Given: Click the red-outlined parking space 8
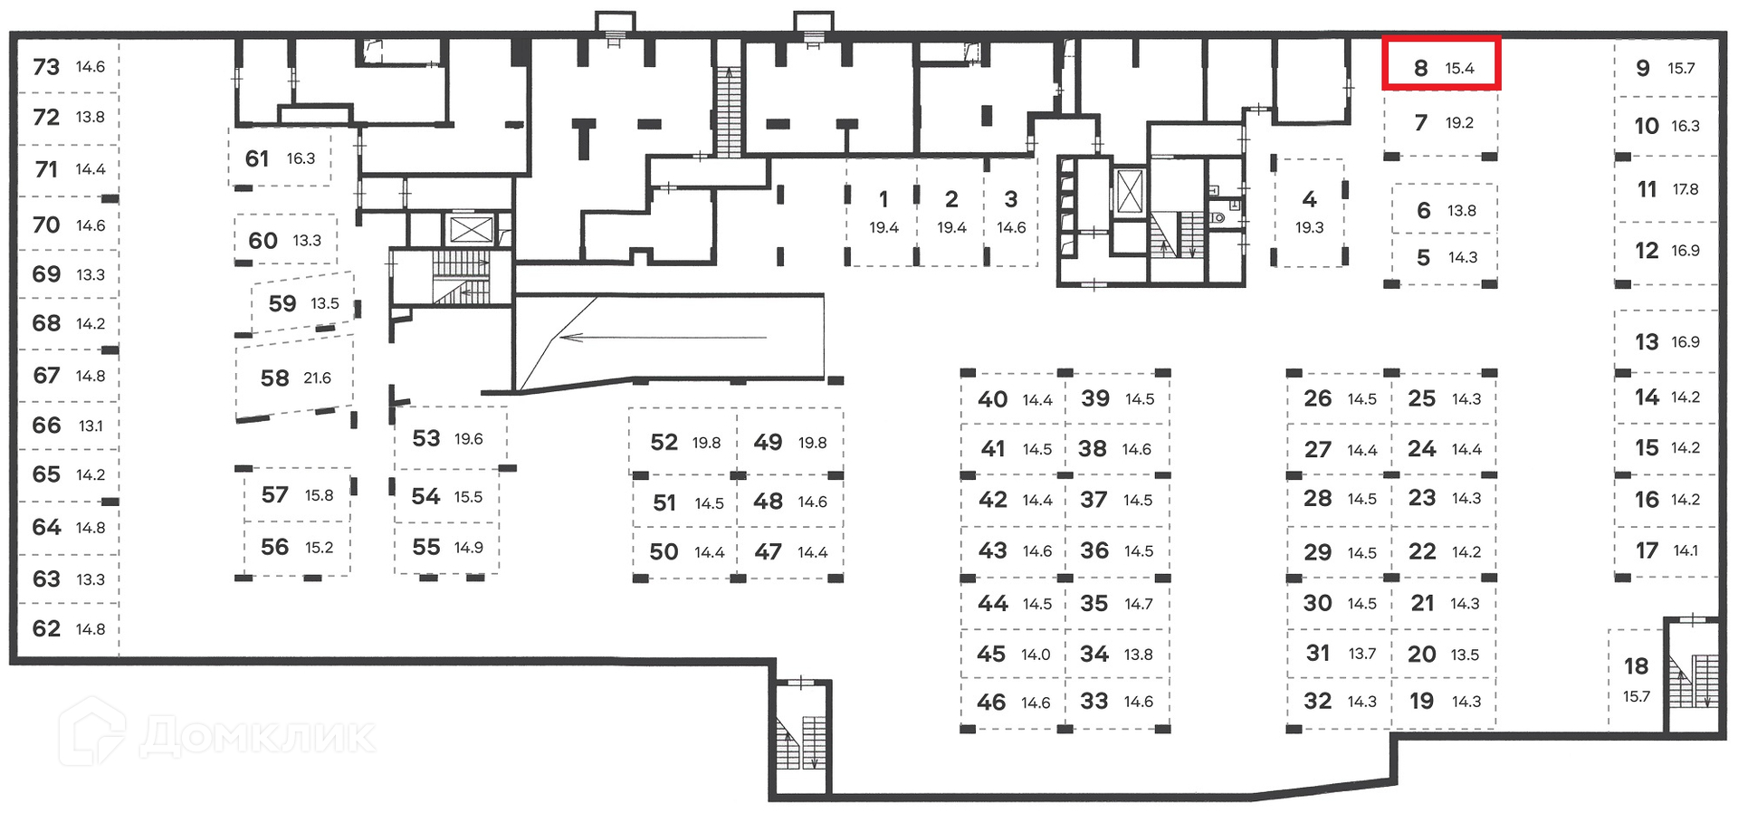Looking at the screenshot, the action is point(1441,63).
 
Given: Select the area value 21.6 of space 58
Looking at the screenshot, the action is point(317,378).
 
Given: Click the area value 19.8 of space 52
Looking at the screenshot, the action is point(706,443).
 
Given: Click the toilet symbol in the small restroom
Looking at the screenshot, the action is point(1218,217).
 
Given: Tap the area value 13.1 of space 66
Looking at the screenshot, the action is point(91,426).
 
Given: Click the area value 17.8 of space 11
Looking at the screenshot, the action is point(1685,189).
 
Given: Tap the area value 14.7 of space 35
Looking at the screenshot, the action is point(1139,604).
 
